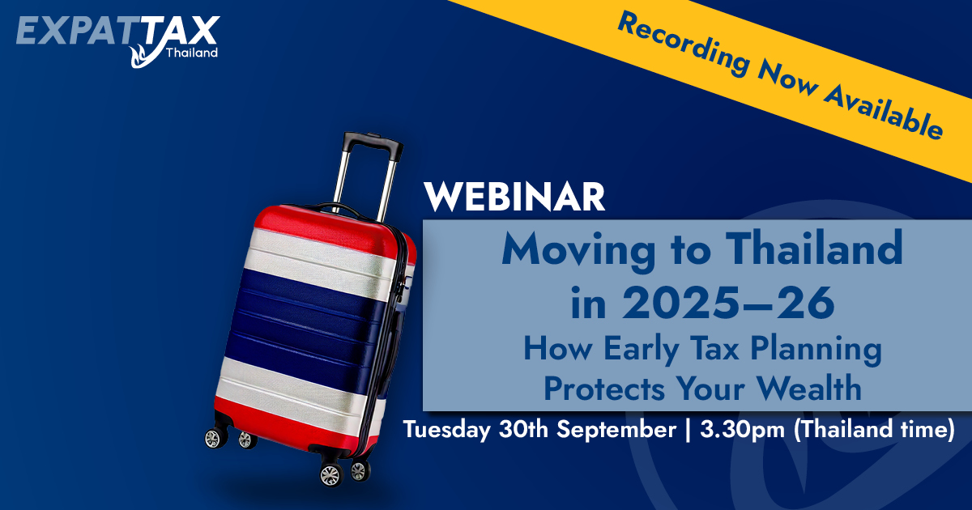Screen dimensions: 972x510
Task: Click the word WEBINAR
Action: click(514, 197)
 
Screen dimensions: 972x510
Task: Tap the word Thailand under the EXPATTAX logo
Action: click(192, 53)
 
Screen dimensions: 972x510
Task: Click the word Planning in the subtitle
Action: click(816, 350)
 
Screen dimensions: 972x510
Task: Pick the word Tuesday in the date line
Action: click(447, 430)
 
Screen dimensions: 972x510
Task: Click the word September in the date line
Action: click(616, 430)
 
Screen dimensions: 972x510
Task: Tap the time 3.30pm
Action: click(742, 430)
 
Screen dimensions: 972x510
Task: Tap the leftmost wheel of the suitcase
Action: click(215, 438)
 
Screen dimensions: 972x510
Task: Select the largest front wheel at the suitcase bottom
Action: click(331, 474)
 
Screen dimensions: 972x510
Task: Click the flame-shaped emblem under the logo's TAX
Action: click(143, 56)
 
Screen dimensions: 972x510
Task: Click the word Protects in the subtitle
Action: click(604, 388)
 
